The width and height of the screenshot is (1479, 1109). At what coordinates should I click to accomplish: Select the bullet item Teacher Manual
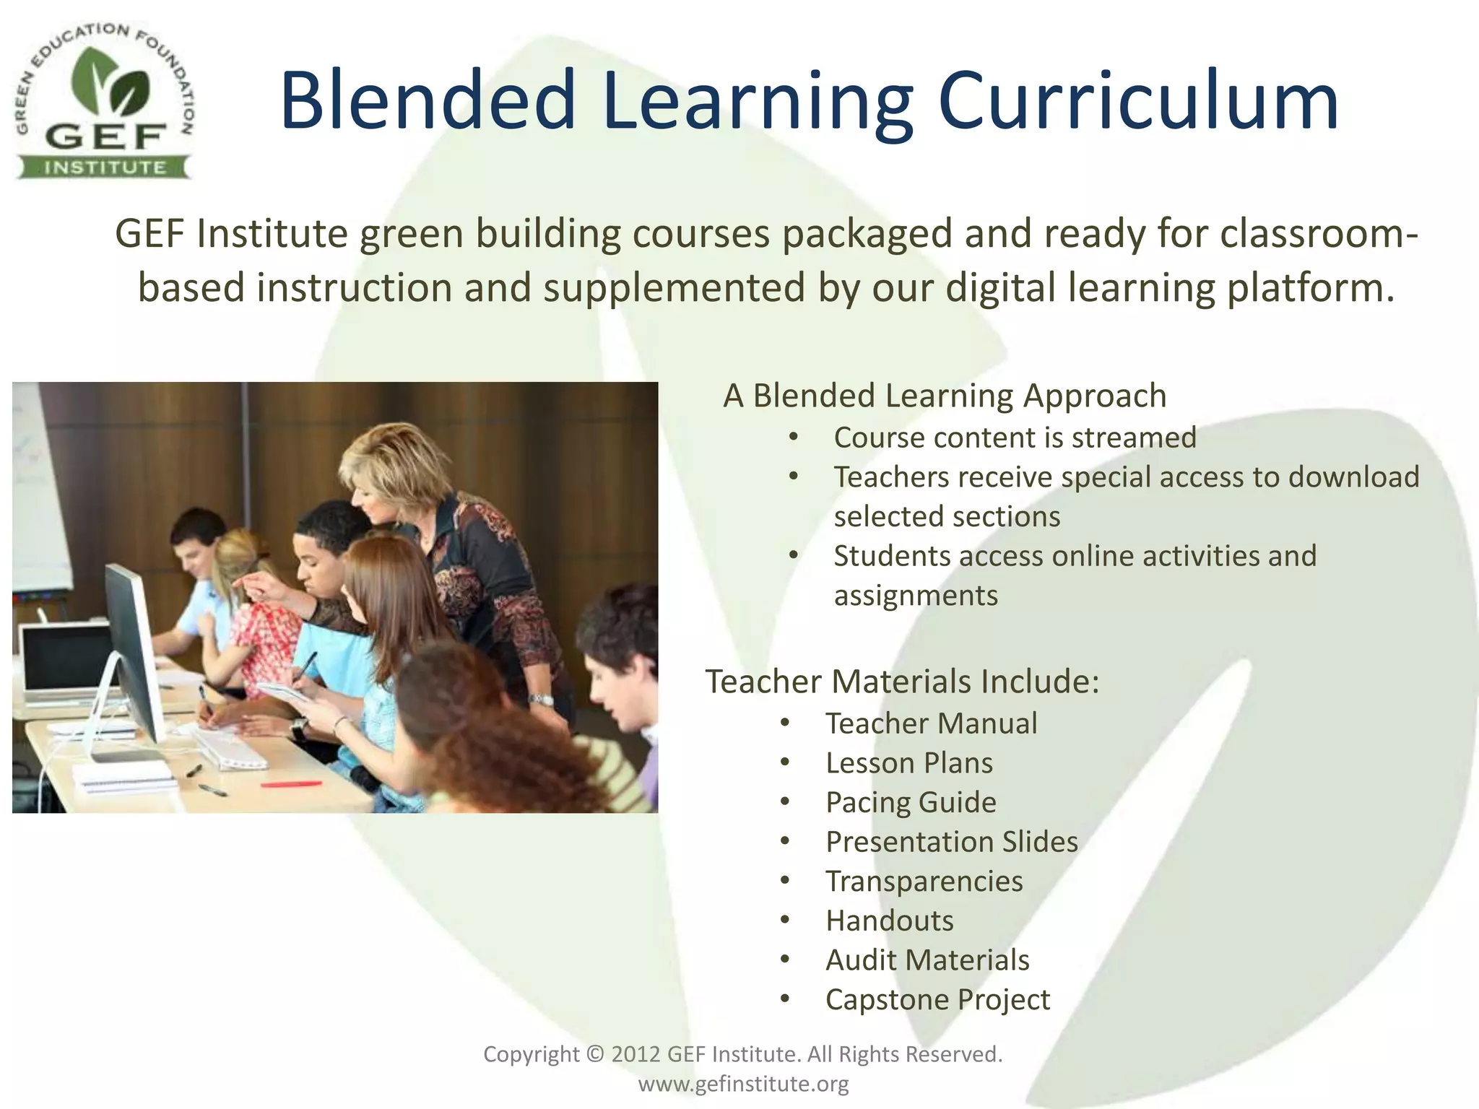point(931,723)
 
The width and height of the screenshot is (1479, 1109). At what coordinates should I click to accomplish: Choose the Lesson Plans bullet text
point(909,763)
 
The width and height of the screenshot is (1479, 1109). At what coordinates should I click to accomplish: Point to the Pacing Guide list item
point(911,802)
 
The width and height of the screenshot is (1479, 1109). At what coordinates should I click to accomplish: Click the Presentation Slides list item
point(952,842)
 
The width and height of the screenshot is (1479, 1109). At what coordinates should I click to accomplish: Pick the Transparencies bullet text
point(924,882)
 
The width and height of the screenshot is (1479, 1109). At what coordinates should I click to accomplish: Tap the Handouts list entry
point(890,921)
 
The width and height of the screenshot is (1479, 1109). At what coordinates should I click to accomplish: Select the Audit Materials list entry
point(927,960)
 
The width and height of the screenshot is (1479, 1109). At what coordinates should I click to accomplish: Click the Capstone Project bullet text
point(937,1000)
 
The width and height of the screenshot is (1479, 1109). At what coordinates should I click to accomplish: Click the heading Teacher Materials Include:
point(902,682)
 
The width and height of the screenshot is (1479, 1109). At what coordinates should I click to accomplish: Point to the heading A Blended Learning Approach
point(945,396)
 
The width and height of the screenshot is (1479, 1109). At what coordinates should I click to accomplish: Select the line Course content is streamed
point(1015,438)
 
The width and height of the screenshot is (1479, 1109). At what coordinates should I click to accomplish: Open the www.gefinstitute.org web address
point(743,1084)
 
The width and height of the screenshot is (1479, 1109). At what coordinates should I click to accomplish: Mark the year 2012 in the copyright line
point(636,1054)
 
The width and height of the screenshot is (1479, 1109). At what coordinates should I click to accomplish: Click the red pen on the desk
point(291,783)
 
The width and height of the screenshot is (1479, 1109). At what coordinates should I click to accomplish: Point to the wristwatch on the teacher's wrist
point(539,699)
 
